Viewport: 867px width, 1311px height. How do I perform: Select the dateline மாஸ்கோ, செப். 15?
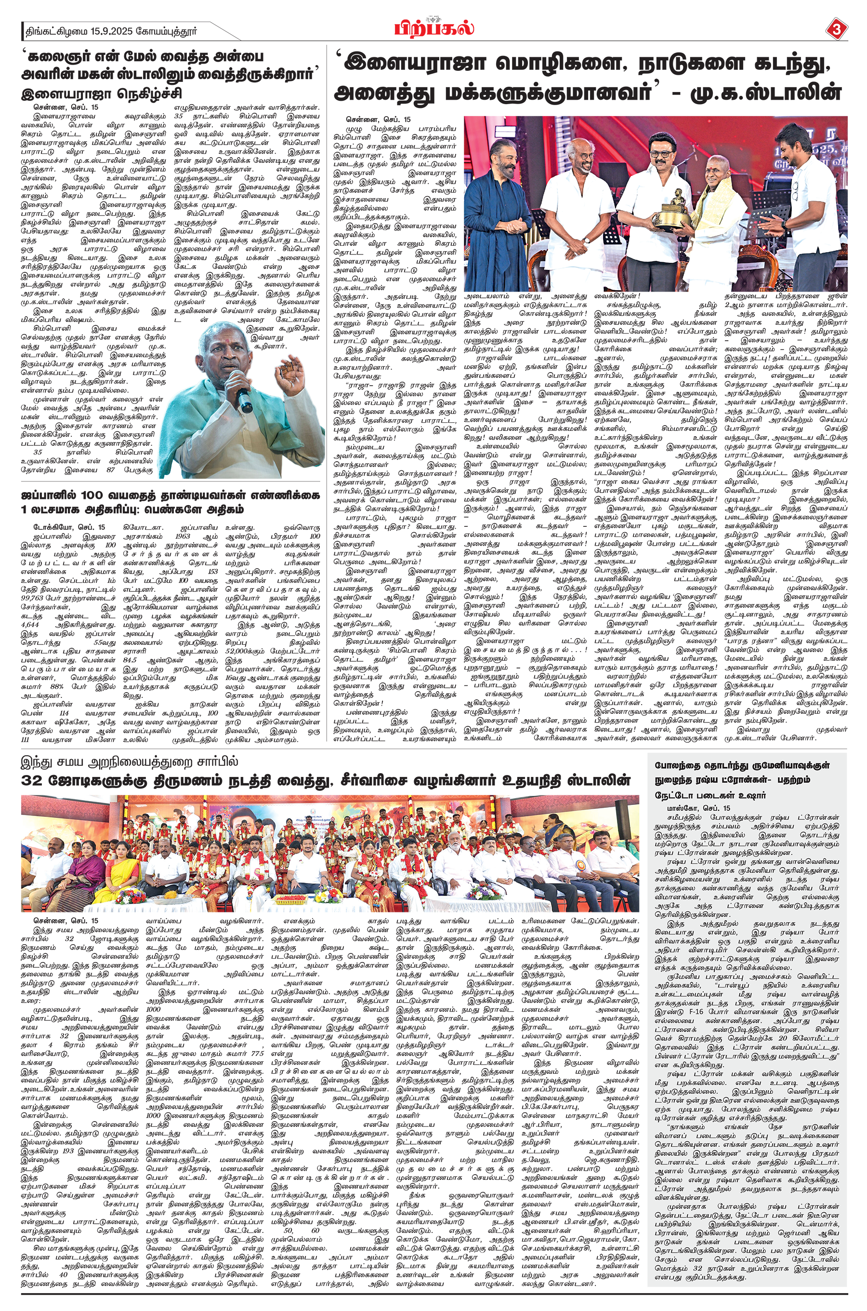[x=697, y=808]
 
